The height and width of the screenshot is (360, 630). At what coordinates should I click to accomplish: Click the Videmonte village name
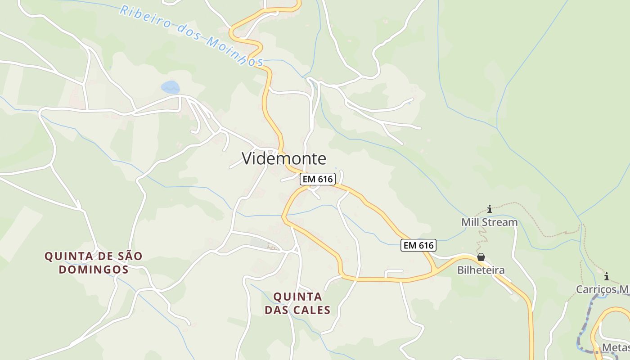(x=283, y=158)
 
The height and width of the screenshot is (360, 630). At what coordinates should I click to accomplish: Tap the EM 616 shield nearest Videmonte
(x=318, y=179)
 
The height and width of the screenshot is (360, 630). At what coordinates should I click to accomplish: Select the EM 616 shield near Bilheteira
(x=418, y=245)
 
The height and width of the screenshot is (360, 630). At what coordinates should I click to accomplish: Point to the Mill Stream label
(x=489, y=222)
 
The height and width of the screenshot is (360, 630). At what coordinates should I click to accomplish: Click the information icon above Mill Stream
(x=490, y=209)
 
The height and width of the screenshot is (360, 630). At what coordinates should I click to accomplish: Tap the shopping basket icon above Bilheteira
(x=481, y=257)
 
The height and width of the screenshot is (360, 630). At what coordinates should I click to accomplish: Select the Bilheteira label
(x=481, y=270)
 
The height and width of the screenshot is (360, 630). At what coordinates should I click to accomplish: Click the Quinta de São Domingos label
(x=93, y=263)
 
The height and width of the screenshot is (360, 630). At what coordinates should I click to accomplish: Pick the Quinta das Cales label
(x=297, y=303)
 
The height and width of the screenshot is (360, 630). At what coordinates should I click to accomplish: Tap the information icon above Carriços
(x=607, y=276)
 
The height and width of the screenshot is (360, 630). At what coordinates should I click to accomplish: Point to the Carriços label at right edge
(x=603, y=289)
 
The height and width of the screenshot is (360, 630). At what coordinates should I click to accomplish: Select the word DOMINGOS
(x=94, y=270)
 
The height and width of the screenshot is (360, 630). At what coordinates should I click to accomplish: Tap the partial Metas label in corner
(x=615, y=348)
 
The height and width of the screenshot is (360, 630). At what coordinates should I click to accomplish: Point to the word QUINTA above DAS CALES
(x=297, y=297)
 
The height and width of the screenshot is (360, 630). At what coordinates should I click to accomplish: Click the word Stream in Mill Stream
(x=499, y=222)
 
